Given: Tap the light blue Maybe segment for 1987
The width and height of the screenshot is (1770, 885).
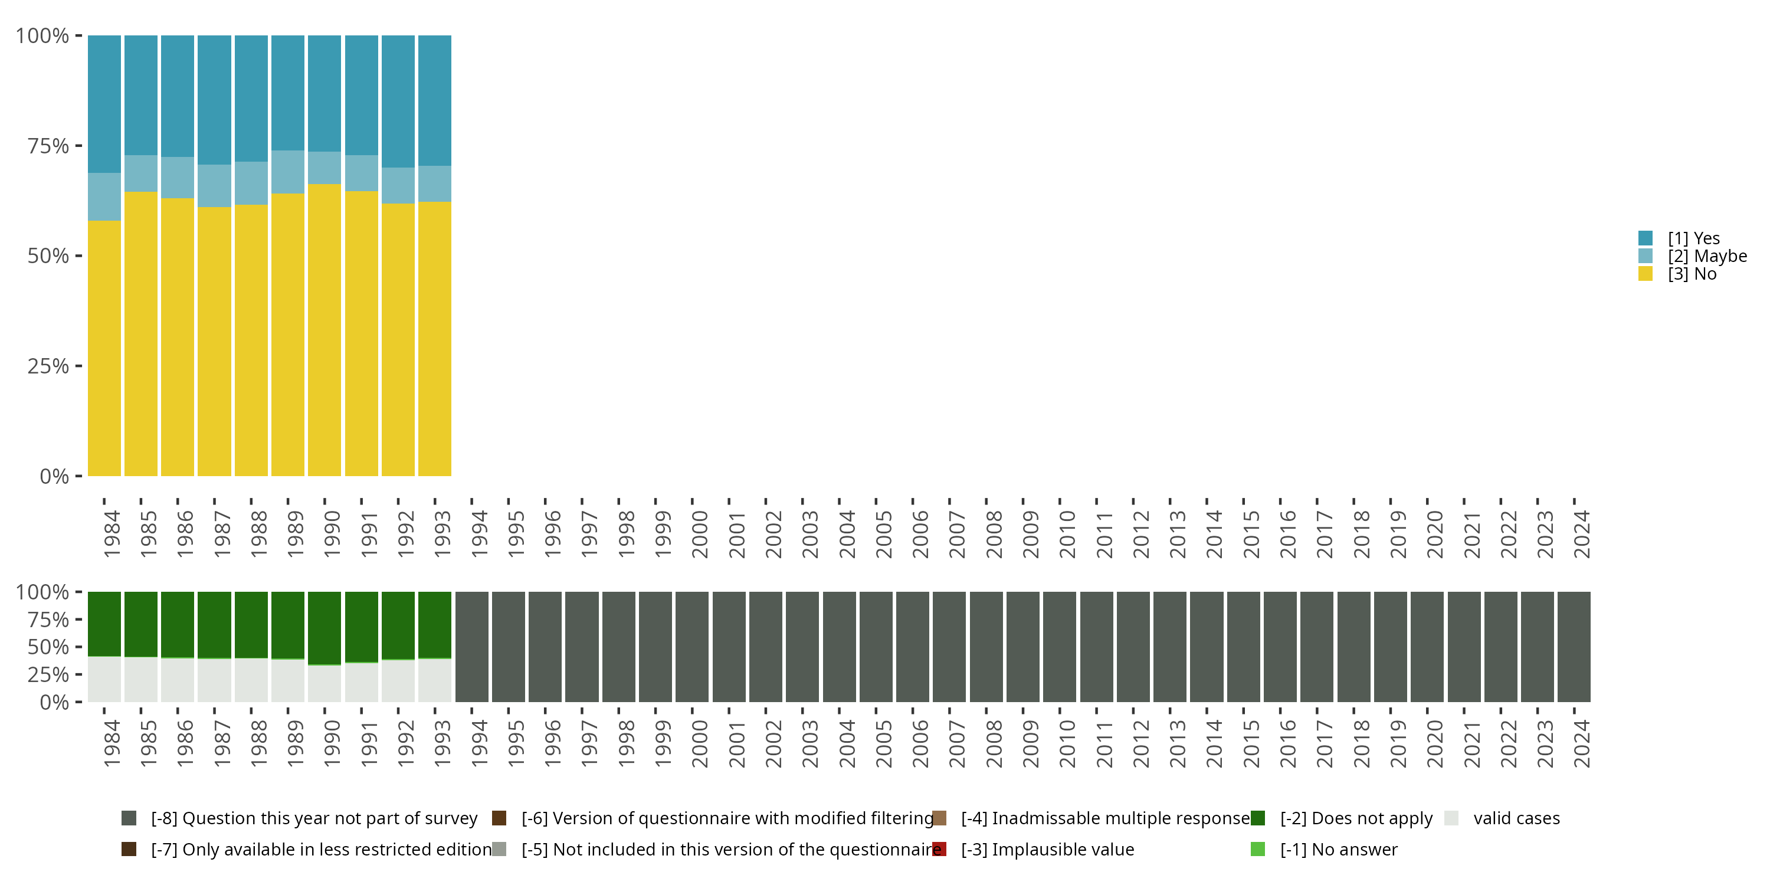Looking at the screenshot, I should [x=214, y=185].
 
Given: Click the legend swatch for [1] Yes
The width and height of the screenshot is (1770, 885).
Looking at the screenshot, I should [x=1645, y=238].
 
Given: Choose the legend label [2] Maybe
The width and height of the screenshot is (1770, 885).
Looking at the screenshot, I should [x=1707, y=256].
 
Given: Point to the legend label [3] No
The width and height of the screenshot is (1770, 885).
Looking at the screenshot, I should [x=1692, y=274].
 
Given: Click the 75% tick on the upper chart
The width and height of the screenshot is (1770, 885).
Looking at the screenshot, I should [x=48, y=146].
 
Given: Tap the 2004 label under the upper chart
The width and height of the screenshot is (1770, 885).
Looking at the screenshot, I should [x=847, y=534].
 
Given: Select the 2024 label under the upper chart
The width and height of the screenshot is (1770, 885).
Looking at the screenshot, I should [x=1582, y=534].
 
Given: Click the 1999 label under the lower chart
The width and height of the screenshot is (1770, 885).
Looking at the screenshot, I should [x=663, y=743].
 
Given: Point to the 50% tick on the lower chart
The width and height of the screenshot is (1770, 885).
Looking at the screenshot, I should [x=48, y=647].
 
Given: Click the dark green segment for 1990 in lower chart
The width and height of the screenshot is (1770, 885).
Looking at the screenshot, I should [x=324, y=627].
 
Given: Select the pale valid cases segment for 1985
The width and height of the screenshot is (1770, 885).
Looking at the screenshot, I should [x=141, y=680].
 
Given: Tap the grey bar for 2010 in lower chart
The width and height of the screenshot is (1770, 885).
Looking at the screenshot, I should [x=1060, y=647].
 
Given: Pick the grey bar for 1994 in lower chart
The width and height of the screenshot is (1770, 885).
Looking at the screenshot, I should [x=472, y=647].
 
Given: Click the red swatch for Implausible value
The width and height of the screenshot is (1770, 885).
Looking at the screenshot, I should [x=939, y=849].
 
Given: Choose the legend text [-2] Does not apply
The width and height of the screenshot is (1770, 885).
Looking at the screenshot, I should [x=1356, y=818].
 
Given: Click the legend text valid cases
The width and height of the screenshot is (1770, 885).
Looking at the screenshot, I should [x=1516, y=818].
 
